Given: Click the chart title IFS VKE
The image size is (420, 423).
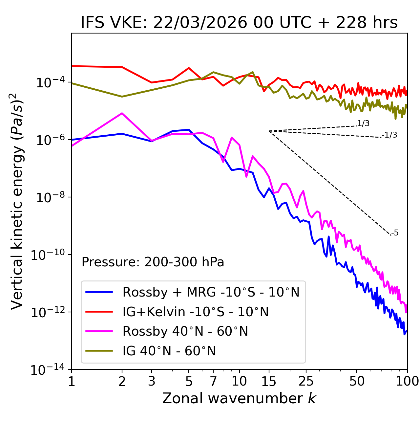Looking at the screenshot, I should click(239, 23).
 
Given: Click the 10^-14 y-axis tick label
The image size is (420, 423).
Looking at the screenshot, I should click(47, 370).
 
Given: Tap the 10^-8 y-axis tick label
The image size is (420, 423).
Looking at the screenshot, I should click(50, 197).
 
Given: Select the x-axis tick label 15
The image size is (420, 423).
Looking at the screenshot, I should click(269, 381).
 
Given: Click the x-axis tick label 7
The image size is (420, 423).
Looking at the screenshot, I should click(213, 381).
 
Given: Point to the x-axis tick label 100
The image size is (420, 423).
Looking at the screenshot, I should click(407, 381).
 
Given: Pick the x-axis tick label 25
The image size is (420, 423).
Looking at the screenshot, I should click(306, 381).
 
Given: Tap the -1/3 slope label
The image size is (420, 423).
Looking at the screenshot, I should click(390, 135).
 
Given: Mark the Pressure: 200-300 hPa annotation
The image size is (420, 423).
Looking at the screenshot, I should click(153, 262).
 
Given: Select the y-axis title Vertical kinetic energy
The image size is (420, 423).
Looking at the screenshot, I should click(17, 201).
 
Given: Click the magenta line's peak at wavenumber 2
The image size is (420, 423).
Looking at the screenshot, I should click(122, 113).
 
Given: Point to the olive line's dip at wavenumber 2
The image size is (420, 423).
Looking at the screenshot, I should click(122, 97).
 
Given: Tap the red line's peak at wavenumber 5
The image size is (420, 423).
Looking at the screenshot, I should click(189, 68).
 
